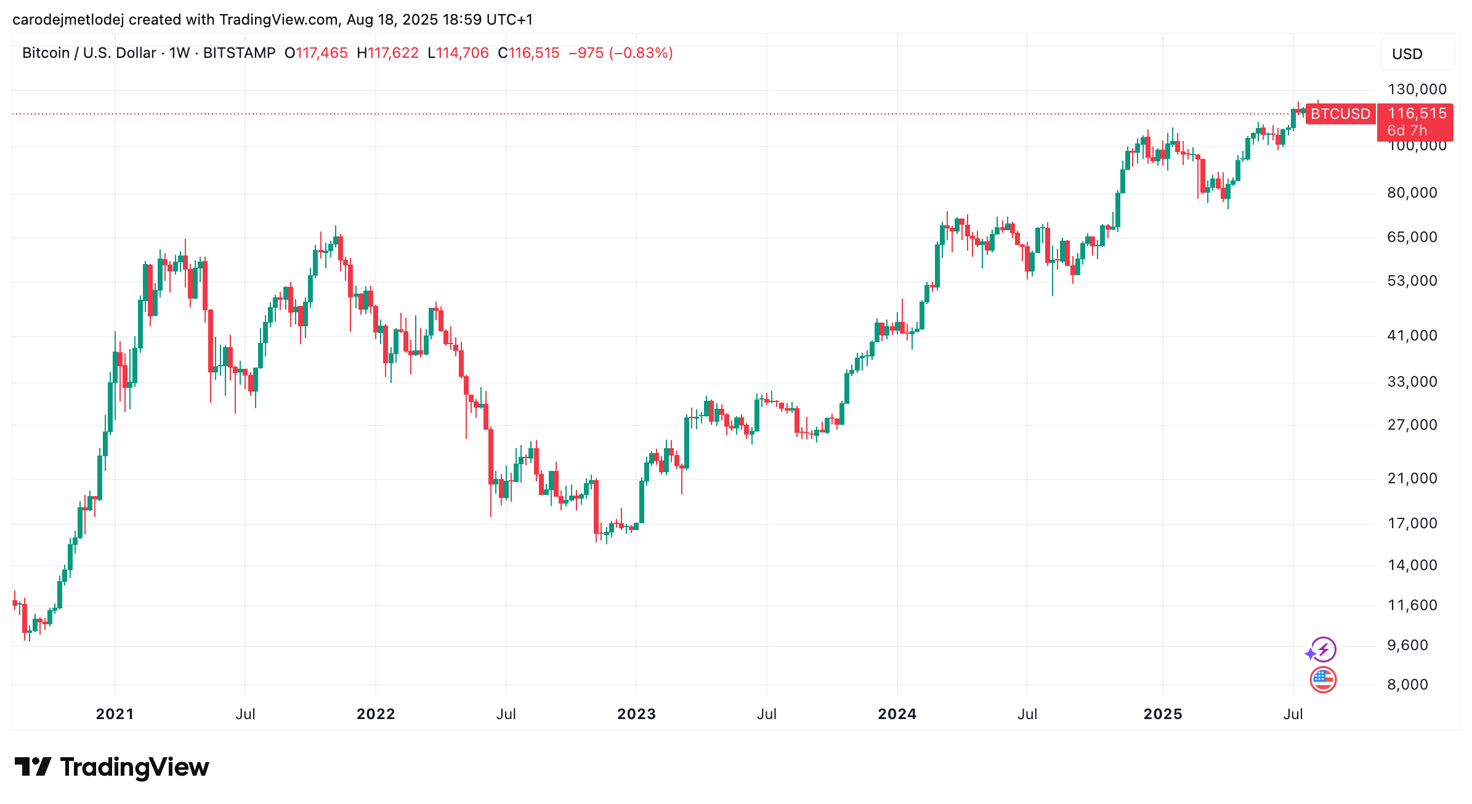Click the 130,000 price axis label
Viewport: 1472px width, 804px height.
1417,89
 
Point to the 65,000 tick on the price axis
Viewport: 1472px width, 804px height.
1412,237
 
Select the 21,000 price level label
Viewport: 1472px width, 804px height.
1412,478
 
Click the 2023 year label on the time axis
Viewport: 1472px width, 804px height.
636,714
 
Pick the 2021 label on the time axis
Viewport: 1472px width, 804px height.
115,714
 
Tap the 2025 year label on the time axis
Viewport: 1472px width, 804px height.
1163,714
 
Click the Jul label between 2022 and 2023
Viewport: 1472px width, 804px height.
506,714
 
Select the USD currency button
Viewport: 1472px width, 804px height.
1417,54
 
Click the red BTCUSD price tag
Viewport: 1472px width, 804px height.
1340,114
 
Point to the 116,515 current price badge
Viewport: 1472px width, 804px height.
1417,113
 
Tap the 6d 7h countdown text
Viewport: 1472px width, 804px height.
1407,131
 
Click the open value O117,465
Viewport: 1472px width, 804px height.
316,53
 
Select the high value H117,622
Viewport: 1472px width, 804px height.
387,53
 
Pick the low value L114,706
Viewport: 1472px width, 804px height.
458,53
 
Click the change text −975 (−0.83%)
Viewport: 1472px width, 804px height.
621,53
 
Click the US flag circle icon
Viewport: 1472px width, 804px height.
1323,680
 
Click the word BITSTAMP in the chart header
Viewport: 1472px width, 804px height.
239,53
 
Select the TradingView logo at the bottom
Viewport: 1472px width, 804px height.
112,767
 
